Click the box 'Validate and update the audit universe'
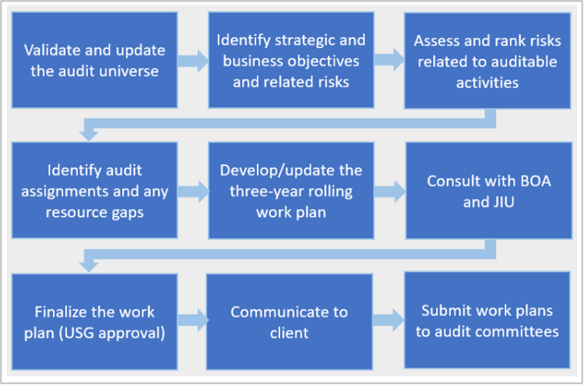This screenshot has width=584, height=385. pyautogui.click(x=94, y=59)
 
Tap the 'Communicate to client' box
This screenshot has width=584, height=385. pyautogui.click(x=289, y=321)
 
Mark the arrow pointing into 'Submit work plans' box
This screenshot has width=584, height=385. pyautogui.click(x=388, y=320)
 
